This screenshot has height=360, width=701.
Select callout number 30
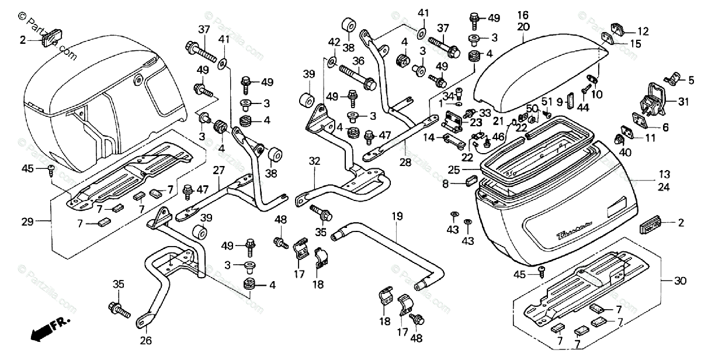click(680, 281)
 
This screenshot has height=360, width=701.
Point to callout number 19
click(397, 216)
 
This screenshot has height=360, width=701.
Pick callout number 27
click(218, 170)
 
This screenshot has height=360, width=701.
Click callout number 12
click(643, 31)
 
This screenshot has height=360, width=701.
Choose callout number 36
click(358, 60)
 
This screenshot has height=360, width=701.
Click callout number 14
click(429, 138)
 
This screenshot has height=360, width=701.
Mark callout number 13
click(664, 174)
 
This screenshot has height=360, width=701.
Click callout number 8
click(445, 184)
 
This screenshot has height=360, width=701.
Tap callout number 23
click(476, 123)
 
